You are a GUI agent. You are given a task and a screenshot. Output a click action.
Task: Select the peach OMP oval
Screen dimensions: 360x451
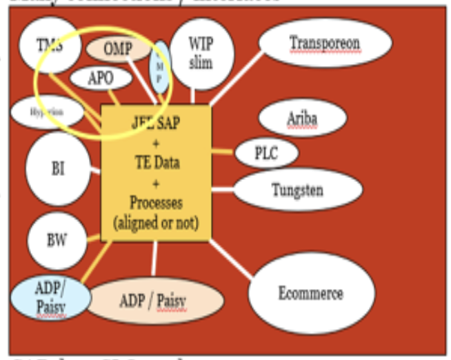click(118, 49)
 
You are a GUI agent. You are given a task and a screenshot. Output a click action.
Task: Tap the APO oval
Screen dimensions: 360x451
click(101, 78)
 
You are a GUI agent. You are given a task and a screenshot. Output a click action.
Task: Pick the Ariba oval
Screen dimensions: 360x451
click(301, 119)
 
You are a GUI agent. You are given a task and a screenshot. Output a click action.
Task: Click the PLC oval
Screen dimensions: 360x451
click(265, 153)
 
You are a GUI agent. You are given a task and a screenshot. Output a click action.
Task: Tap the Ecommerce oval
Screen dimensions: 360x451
click(310, 294)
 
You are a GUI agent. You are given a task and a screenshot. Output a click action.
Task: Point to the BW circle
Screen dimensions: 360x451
click(57, 239)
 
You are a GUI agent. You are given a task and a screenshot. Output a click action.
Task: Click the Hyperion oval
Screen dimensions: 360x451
click(46, 112)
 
